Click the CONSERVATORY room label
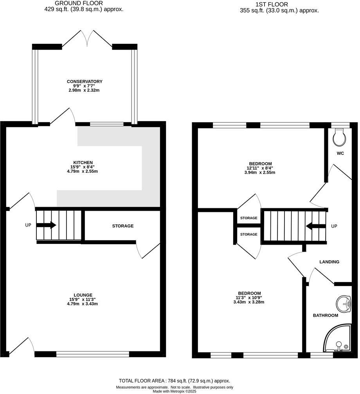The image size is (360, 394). click(85, 81)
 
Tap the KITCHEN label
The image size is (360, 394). click(83, 162)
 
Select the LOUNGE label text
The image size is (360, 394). click(83, 295)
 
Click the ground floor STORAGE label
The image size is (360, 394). click(123, 226)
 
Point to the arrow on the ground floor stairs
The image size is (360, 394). click(47, 225)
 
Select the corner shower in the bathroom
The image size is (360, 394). click(337, 338)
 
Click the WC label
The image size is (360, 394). click(340, 153)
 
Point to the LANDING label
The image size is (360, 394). click(329, 262)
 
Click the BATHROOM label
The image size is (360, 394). click(325, 315)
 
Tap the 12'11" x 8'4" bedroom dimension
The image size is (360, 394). click(260, 168)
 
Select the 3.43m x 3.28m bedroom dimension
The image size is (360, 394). click(249, 302)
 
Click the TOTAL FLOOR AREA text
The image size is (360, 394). click(175, 380)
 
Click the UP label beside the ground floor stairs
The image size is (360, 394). click(28, 226)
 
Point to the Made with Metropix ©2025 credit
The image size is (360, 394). click(175, 391)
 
